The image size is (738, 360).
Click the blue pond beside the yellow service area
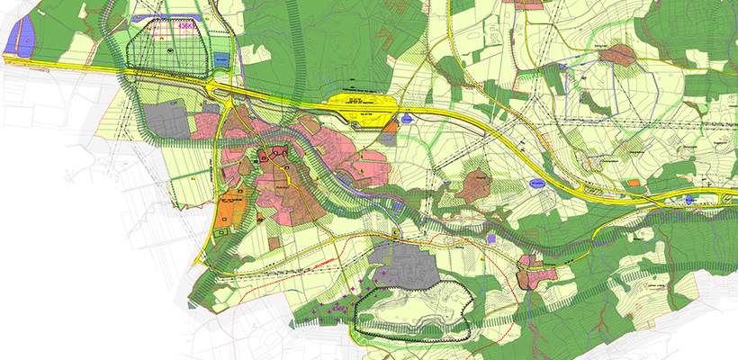pyautogui.click(x=408, y=118)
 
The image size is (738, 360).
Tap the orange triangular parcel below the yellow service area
pyautogui.click(x=390, y=136)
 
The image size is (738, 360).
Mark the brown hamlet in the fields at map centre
pyautogui.click(x=472, y=184)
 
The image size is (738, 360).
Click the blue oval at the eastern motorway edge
pyautogui.click(x=690, y=200)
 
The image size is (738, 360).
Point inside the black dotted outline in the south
pyautogui.click(x=414, y=310)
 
